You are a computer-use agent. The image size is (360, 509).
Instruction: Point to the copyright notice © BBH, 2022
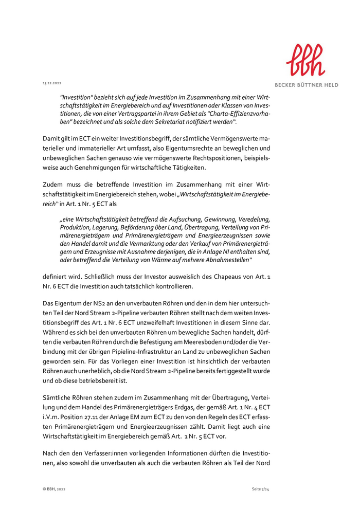pos(54,488)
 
